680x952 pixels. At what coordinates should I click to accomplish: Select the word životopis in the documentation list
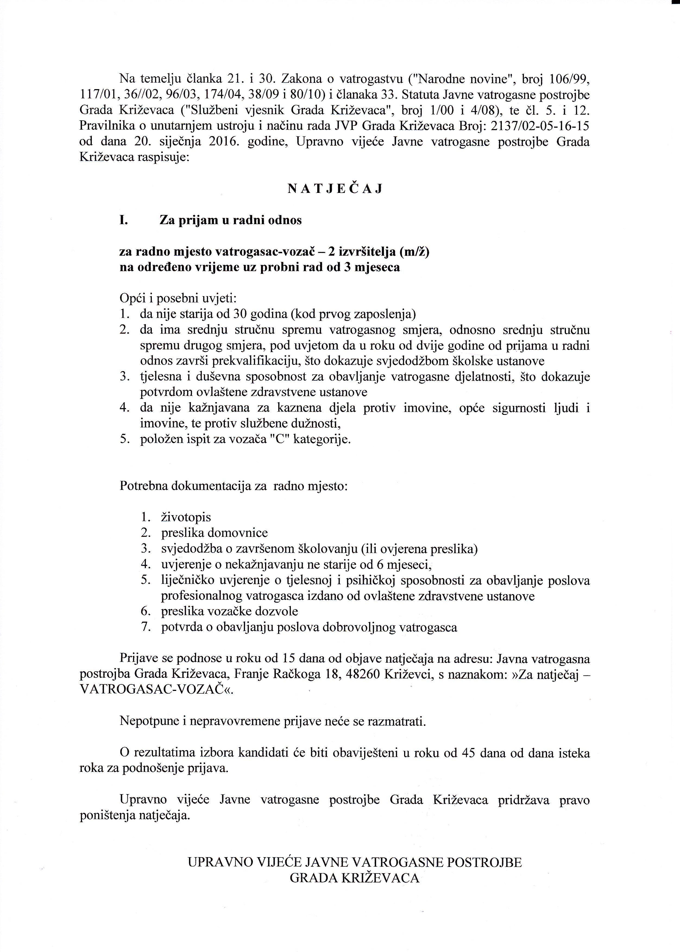pos(186,517)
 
